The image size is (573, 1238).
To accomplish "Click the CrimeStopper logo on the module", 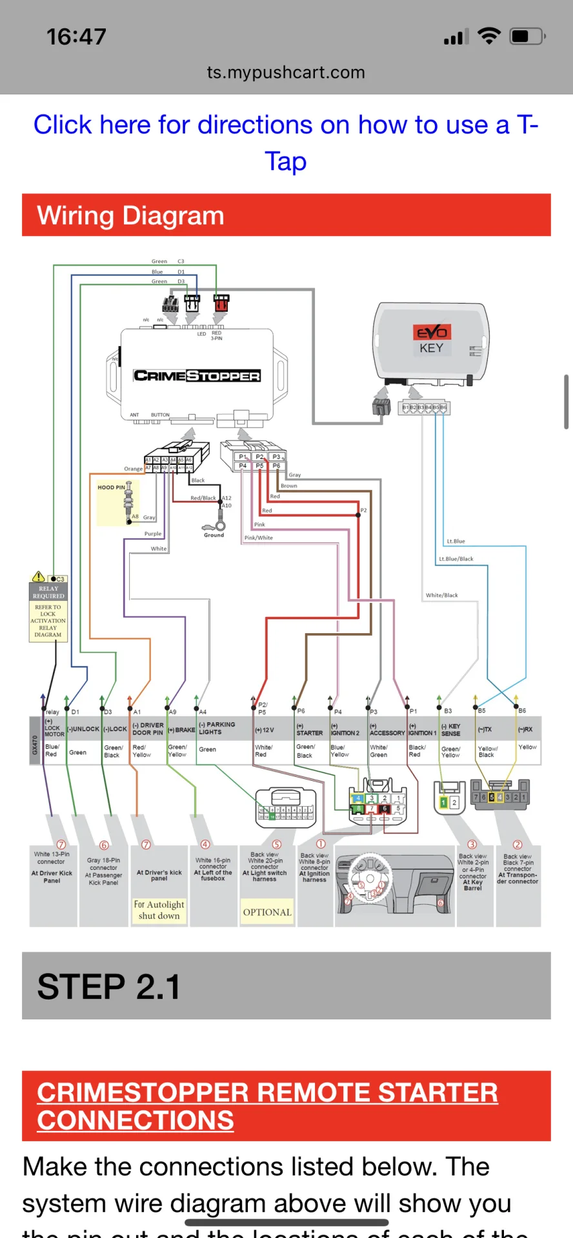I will pyautogui.click(x=197, y=375).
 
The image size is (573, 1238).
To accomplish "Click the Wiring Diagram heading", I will pyautogui.click(x=130, y=215).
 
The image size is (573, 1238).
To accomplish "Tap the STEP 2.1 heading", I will pyautogui.click(x=108, y=987).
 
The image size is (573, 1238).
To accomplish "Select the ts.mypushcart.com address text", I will pyautogui.click(x=286, y=72).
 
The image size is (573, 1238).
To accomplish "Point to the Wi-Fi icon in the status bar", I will pyautogui.click(x=489, y=36).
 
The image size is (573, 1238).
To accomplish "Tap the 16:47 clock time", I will pyautogui.click(x=76, y=37).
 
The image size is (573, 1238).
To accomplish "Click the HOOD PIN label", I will pyautogui.click(x=111, y=487).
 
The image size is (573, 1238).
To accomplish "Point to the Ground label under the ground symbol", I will pyautogui.click(x=214, y=535).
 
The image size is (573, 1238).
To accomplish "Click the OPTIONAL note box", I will pyautogui.click(x=267, y=912).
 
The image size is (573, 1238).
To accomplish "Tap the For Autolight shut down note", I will pyautogui.click(x=159, y=910).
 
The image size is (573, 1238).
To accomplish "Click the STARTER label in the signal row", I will pyautogui.click(x=309, y=733).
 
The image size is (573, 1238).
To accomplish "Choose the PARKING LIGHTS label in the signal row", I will pyautogui.click(x=217, y=729).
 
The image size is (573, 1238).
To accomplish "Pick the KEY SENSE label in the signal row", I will pyautogui.click(x=450, y=730).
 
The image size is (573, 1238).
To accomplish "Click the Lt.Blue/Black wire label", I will pyautogui.click(x=456, y=559).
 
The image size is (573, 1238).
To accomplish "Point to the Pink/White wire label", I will pyautogui.click(x=258, y=538).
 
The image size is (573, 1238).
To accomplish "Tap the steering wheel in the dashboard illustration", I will pyautogui.click(x=370, y=879).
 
